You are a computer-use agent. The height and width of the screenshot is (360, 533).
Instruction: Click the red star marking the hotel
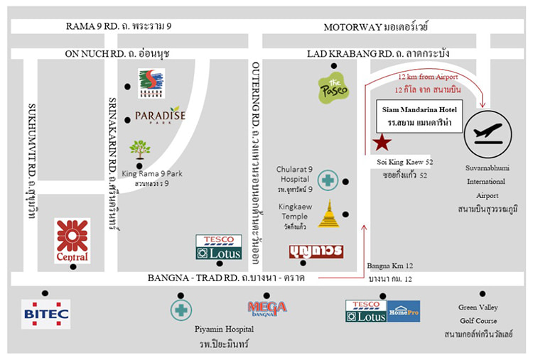[382, 143]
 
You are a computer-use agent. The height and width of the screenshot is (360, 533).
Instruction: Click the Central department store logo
[72, 240]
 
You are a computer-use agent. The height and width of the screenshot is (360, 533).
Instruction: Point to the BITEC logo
[45, 314]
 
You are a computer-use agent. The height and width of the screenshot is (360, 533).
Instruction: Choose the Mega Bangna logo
[266, 307]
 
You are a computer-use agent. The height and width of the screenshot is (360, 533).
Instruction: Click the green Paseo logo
[333, 89]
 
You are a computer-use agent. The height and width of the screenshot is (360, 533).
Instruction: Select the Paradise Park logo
[160, 116]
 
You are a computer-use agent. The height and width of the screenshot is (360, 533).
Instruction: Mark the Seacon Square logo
[151, 83]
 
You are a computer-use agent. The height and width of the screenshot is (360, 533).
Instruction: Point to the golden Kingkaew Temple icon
[328, 214]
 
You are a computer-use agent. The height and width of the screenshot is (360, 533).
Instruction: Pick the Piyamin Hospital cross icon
[181, 310]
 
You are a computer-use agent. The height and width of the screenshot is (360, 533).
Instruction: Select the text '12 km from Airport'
[427, 76]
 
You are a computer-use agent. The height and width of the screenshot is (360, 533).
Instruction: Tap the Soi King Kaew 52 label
[405, 163]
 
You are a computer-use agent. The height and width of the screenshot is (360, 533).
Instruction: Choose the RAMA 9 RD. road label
[119, 27]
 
